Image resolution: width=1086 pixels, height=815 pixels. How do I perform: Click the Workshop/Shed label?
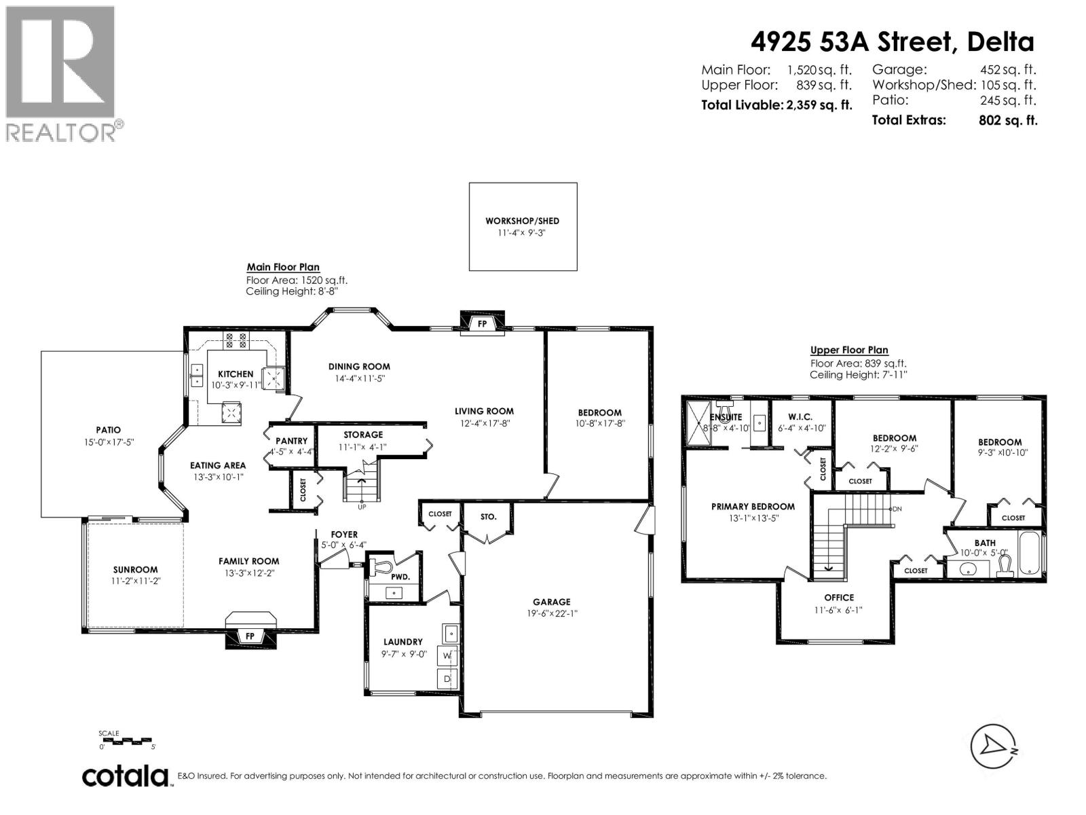(522, 221)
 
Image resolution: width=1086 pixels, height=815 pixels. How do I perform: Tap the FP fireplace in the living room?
(483, 324)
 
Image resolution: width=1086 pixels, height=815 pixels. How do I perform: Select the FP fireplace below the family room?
(250, 636)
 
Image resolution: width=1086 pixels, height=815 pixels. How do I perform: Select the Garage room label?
(551, 602)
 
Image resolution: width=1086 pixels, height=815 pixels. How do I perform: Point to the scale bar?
(126, 740)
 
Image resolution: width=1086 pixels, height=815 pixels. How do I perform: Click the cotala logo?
(126, 776)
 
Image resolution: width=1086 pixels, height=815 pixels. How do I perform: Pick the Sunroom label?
(135, 570)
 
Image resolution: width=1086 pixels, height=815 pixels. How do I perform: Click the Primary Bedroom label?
(753, 507)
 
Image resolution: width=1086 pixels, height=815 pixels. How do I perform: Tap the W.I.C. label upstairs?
(800, 417)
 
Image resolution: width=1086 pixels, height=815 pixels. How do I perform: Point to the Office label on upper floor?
(839, 598)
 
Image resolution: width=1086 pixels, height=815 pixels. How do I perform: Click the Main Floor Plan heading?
(283, 268)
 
